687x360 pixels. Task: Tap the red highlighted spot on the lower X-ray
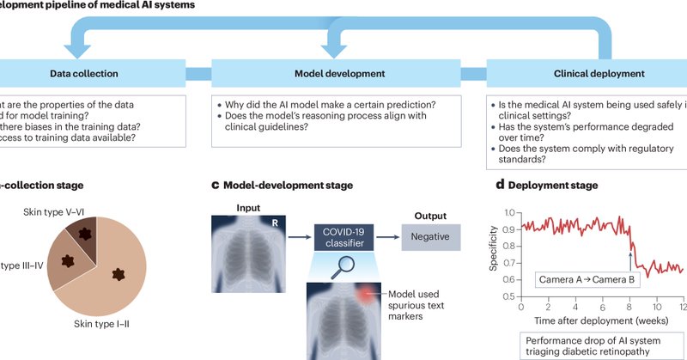click(x=369, y=296)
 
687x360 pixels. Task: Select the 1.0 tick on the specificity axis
click(x=511, y=212)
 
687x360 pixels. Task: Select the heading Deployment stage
click(x=555, y=185)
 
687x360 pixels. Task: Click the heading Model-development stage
click(x=288, y=185)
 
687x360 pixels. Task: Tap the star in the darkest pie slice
click(x=84, y=235)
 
